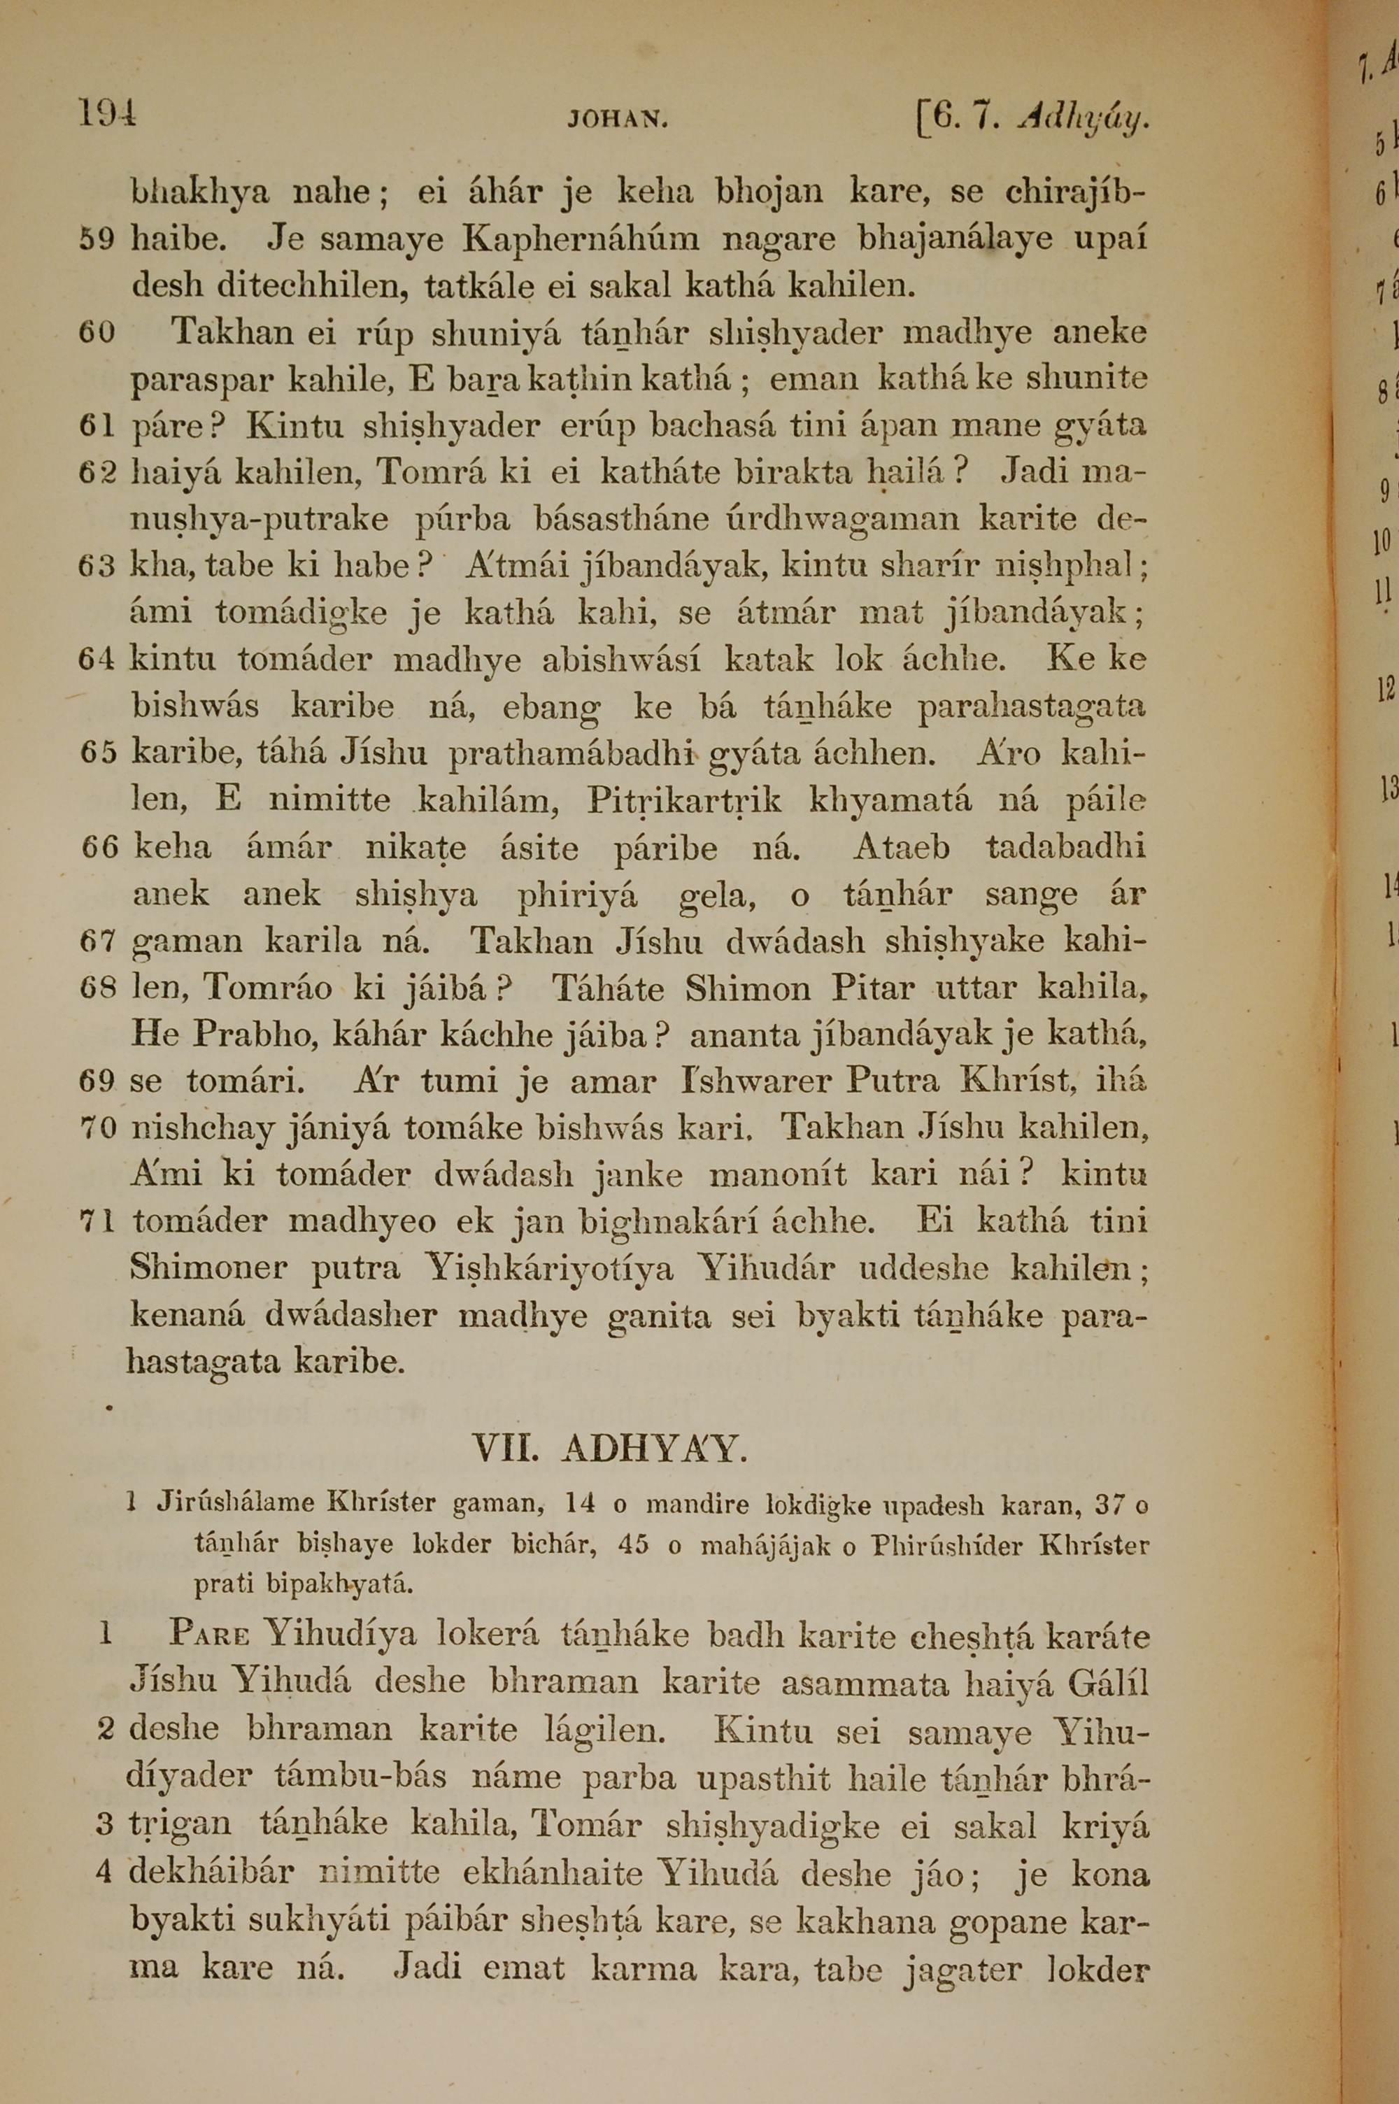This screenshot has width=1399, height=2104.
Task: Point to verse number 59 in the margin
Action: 97,240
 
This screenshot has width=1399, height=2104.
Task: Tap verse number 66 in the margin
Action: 98,847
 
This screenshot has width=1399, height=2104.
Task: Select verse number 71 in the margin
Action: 97,1221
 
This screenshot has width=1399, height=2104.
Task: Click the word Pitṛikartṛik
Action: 684,801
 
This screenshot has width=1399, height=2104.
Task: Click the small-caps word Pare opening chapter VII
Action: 208,1634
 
